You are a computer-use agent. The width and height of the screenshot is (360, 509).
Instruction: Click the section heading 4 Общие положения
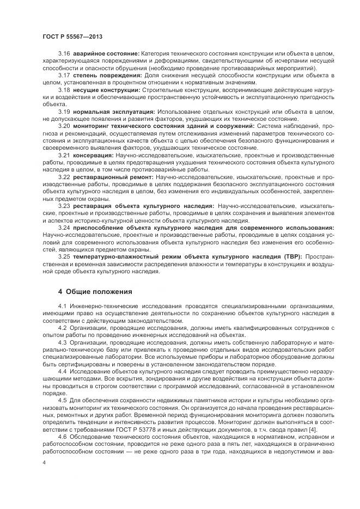[95, 291]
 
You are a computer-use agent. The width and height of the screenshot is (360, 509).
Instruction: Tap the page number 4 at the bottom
[44, 462]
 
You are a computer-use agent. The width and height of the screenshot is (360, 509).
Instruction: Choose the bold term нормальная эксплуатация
[112, 111]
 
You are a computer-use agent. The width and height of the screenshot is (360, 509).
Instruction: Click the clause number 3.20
[64, 125]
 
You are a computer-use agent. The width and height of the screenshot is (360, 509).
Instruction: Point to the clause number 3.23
[64, 206]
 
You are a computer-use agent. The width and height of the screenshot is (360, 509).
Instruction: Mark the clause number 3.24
[64, 228]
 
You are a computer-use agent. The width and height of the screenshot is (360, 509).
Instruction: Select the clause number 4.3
[62, 345]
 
